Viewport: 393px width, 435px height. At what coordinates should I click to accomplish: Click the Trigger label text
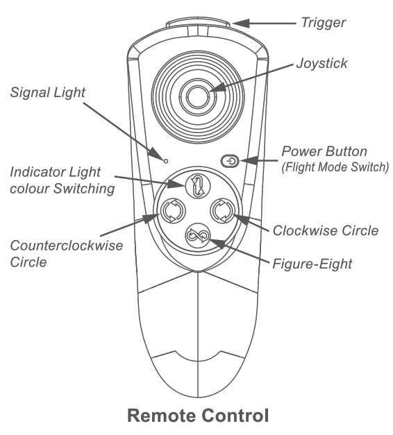coord(323,23)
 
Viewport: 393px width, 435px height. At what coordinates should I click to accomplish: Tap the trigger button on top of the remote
coord(199,26)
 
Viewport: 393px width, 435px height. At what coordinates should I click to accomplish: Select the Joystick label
coord(321,64)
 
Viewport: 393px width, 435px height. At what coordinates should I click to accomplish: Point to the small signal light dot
coord(166,160)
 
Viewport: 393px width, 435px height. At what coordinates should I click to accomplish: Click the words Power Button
coord(324,151)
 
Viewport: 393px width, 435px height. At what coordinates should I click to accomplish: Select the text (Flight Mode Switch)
coord(335,167)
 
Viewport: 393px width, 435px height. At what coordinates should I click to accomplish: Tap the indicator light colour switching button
coord(198,185)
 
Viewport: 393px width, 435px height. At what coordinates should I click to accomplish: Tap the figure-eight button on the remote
coord(198,237)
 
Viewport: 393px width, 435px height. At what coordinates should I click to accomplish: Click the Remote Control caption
coord(197,416)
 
